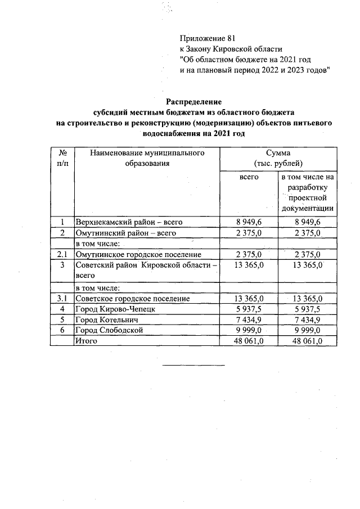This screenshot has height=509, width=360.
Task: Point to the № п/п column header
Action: click(x=62, y=157)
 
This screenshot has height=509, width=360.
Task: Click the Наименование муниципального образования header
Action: click(x=146, y=157)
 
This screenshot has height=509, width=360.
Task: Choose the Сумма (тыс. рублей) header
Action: click(x=278, y=157)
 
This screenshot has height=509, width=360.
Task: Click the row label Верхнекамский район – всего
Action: click(x=129, y=222)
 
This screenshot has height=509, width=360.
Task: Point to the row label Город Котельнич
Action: click(x=106, y=319)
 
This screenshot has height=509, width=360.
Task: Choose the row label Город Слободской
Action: click(x=109, y=330)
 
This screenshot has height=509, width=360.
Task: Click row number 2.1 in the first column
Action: click(x=62, y=254)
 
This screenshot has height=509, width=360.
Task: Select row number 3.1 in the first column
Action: click(x=62, y=298)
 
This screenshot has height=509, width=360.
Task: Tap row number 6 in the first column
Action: click(x=62, y=330)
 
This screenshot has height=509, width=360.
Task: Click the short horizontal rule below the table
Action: click(x=193, y=366)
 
